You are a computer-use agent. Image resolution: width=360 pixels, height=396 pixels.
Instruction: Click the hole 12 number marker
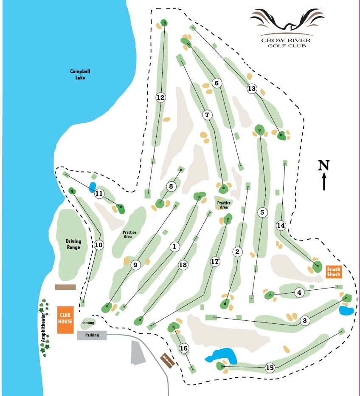160,98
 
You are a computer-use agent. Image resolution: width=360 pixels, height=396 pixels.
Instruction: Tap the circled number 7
207,115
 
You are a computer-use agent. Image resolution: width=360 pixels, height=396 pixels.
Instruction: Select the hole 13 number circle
252,88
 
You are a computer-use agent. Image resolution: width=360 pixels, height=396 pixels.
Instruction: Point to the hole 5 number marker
262,212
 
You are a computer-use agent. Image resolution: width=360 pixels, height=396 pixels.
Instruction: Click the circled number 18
183,265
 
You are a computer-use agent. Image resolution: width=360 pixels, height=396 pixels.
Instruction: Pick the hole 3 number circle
304,320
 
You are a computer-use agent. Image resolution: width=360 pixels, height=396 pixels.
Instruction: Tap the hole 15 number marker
270,368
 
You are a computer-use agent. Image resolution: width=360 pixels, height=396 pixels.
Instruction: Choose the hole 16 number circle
184,348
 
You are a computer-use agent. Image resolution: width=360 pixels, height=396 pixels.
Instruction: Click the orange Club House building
65,320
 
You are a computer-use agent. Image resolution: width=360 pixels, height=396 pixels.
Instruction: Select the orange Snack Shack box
334,272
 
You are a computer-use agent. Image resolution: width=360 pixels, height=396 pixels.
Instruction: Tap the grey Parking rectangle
92,335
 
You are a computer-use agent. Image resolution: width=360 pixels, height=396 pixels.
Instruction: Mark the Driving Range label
73,244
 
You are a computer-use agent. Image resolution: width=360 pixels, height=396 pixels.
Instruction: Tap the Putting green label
88,323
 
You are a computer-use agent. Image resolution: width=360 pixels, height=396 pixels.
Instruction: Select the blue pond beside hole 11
92,187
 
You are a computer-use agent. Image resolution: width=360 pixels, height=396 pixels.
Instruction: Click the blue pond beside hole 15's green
221,355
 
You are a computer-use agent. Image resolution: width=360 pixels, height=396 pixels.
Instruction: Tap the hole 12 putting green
164,23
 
